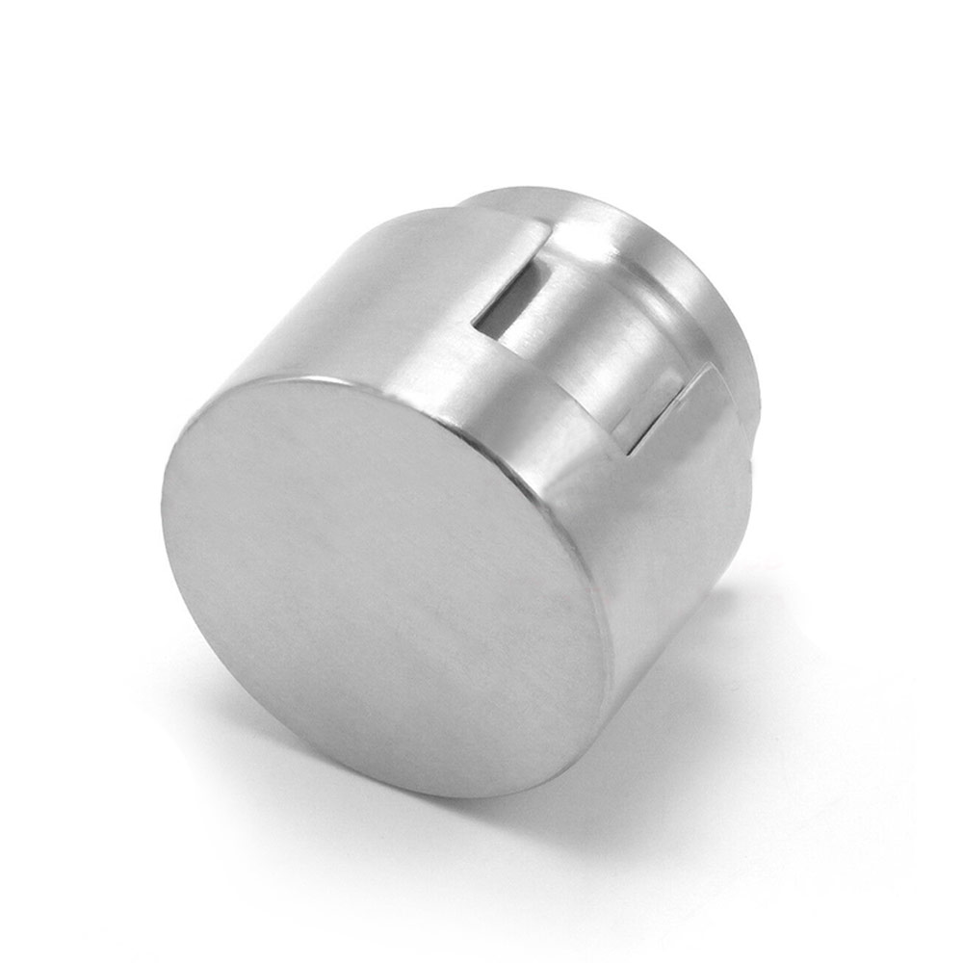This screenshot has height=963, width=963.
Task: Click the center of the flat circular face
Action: (385, 587)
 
